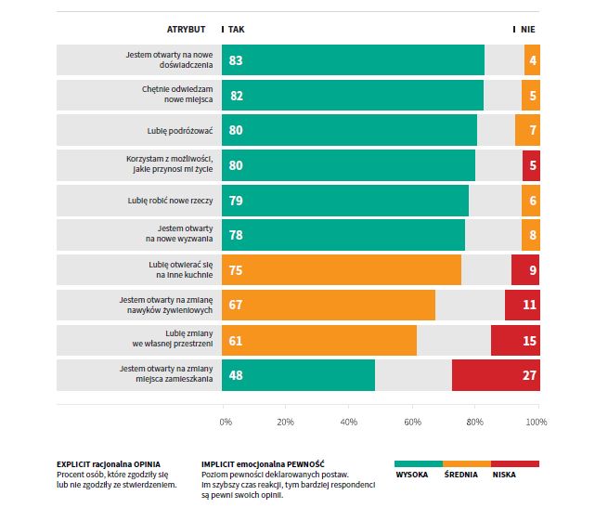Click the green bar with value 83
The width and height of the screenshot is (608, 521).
click(x=353, y=60)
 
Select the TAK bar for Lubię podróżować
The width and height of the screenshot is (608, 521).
click(x=349, y=130)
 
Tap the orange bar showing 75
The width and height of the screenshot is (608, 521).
click(x=342, y=270)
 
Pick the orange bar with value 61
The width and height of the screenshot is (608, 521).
click(x=319, y=341)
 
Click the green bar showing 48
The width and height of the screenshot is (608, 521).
click(x=298, y=375)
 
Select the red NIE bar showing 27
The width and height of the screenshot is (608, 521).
click(x=496, y=375)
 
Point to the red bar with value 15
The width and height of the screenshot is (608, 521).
click(x=515, y=341)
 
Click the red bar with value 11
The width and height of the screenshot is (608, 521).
click(x=523, y=306)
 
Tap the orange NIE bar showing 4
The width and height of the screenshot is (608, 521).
click(x=532, y=60)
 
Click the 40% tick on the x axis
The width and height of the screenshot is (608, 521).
click(x=349, y=423)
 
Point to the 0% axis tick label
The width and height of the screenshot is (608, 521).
click(x=226, y=423)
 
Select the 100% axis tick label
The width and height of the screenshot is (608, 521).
click(x=537, y=423)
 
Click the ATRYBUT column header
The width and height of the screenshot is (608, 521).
click(x=186, y=30)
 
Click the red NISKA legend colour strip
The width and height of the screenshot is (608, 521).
click(x=515, y=462)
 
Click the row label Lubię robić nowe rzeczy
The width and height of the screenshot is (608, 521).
click(x=171, y=201)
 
